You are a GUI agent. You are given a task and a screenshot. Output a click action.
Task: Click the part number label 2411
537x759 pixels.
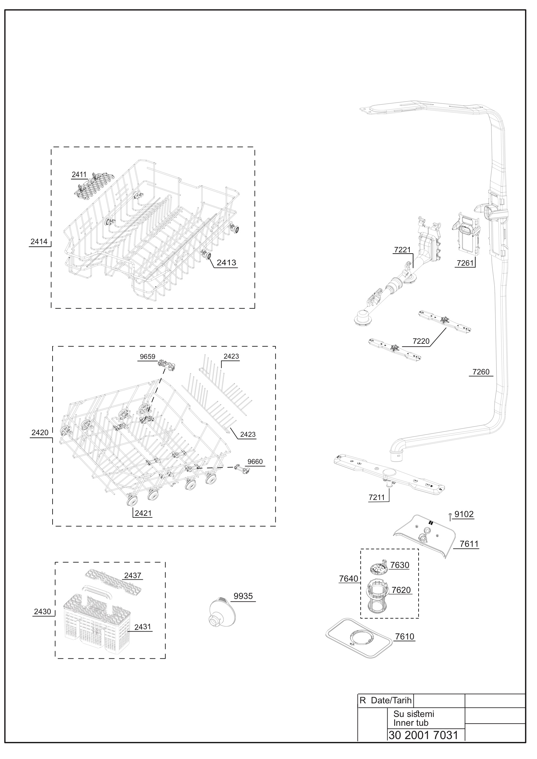pyautogui.click(x=79, y=175)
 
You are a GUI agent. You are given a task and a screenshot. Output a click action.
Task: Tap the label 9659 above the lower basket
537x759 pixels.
pyautogui.click(x=148, y=357)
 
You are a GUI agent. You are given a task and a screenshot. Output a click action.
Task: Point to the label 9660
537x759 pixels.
pyautogui.click(x=255, y=461)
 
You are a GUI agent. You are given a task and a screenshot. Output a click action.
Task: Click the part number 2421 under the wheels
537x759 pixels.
pyautogui.click(x=143, y=513)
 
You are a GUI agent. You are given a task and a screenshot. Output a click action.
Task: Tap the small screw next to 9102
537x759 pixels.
pyautogui.click(x=450, y=516)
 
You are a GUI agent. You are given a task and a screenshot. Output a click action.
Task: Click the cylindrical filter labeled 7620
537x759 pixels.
pyautogui.click(x=377, y=598)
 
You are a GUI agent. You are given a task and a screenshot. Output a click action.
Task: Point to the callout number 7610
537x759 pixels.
pyautogui.click(x=405, y=636)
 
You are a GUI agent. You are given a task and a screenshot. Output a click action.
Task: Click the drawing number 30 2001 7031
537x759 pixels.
pyautogui.click(x=424, y=735)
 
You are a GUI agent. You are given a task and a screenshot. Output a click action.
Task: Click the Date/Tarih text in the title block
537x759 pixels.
pyautogui.click(x=391, y=700)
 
